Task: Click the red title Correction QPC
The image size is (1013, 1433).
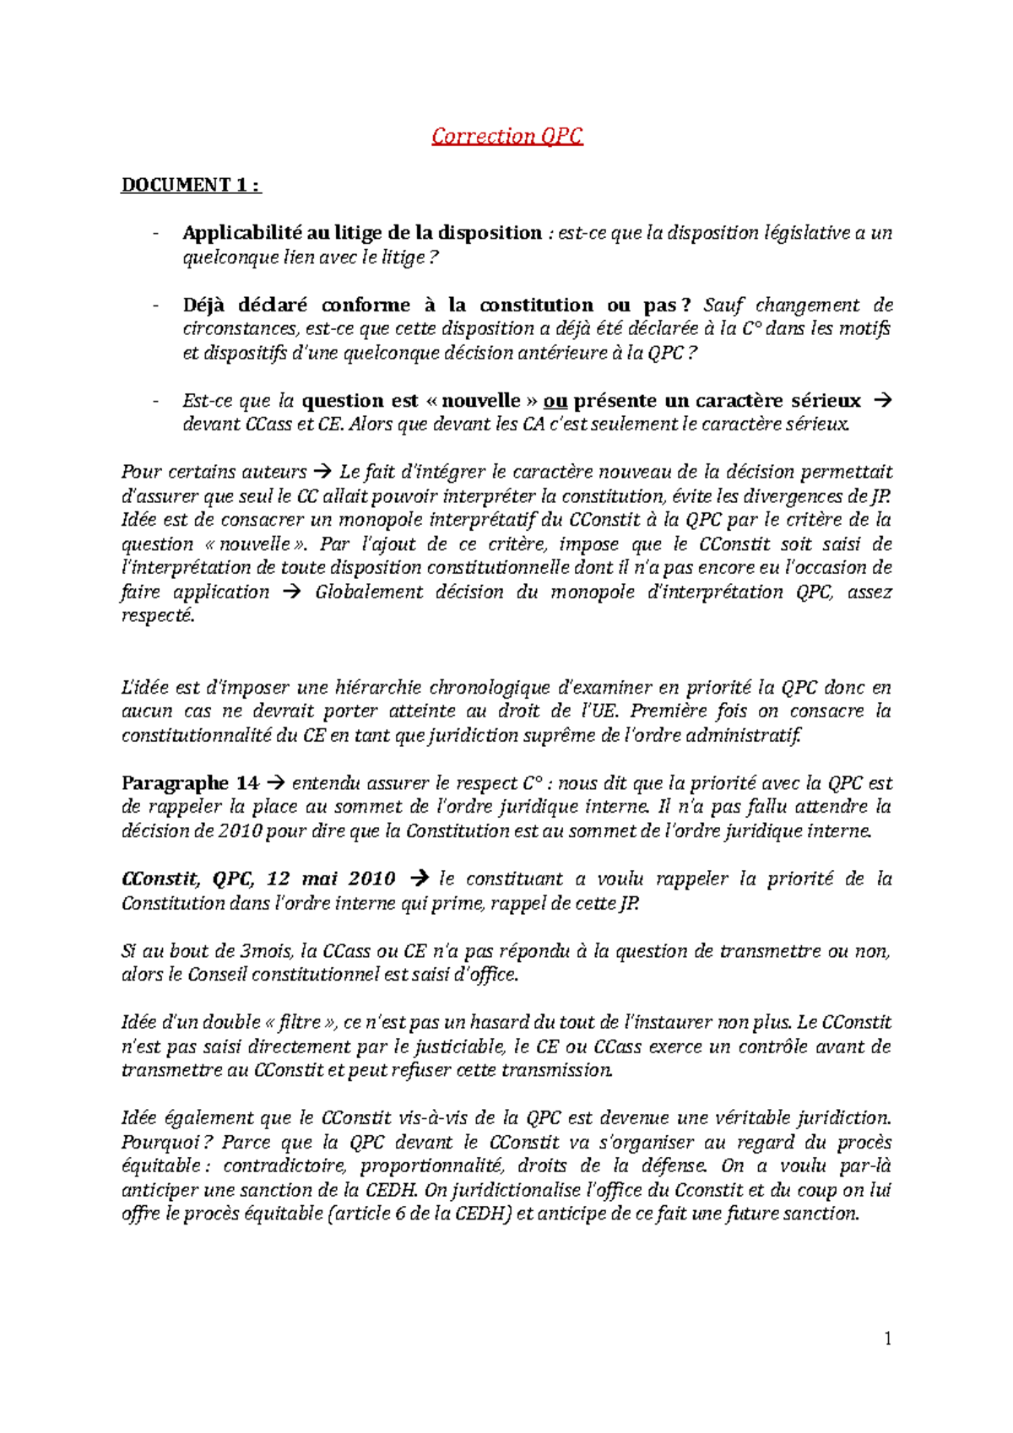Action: tap(506, 136)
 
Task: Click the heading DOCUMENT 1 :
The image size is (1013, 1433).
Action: tap(191, 185)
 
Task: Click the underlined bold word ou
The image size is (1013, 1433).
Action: tap(555, 401)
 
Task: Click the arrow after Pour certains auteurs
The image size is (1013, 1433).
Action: tap(322, 473)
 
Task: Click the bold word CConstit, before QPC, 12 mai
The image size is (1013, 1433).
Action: tap(160, 879)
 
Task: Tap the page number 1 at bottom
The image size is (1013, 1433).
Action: tap(887, 1338)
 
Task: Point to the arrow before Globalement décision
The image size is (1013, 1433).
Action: tap(292, 592)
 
